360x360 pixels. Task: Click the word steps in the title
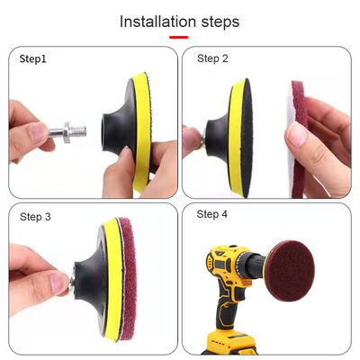[x=220, y=22]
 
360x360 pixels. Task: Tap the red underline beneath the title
[x=179, y=37]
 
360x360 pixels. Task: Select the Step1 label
[x=32, y=58]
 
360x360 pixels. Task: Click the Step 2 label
[x=212, y=58]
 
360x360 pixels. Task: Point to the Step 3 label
[x=35, y=217]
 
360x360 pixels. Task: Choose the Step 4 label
[x=211, y=214]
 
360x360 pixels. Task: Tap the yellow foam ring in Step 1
[x=141, y=132]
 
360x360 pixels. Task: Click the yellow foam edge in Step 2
[x=236, y=138]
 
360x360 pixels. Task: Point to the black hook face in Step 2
[x=247, y=138]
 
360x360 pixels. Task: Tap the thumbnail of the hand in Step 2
[x=296, y=135]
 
